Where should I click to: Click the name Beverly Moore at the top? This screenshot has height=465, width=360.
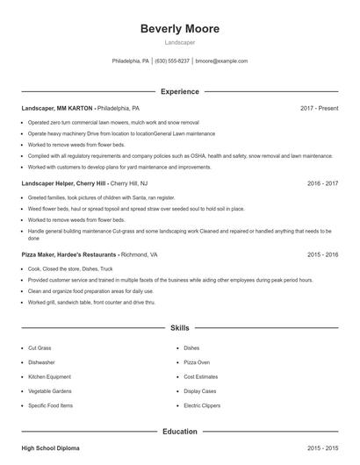(180, 29)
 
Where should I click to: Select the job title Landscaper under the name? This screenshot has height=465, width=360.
(180, 42)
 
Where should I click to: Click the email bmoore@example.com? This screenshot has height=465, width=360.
(221, 61)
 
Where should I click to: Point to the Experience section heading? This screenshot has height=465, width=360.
(180, 91)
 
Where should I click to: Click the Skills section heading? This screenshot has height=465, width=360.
(180, 328)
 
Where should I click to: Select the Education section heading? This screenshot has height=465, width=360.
(180, 432)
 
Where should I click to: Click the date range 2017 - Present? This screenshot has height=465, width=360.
(319, 108)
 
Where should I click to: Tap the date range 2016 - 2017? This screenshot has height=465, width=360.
(322, 183)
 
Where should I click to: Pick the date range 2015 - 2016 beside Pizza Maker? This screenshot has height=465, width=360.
(322, 254)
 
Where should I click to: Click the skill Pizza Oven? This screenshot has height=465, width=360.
(198, 361)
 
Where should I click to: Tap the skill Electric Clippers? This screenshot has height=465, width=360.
(203, 405)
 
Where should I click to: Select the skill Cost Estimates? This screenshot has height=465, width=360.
(200, 376)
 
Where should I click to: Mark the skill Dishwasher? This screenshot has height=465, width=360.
(42, 361)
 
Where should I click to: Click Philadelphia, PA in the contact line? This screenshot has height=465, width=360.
(131, 61)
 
